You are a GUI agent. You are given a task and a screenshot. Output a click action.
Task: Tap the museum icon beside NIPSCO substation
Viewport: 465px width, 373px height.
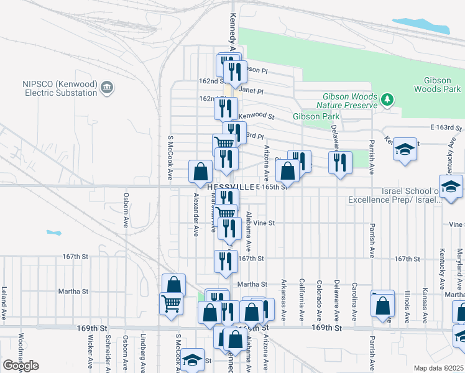pos(107,88)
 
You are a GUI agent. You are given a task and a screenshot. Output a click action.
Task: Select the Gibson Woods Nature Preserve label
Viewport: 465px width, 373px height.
pos(350,101)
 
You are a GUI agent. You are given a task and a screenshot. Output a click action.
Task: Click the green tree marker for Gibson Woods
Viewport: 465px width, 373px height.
pos(388,99)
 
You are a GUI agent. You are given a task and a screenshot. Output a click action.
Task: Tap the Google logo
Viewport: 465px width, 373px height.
pos(21,366)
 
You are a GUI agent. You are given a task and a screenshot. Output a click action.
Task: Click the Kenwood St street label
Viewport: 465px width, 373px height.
pos(256,116)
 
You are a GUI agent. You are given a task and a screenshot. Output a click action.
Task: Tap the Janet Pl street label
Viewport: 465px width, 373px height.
pos(251,91)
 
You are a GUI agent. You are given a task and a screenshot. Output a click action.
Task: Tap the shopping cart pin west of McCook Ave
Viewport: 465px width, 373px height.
pos(171,305)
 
